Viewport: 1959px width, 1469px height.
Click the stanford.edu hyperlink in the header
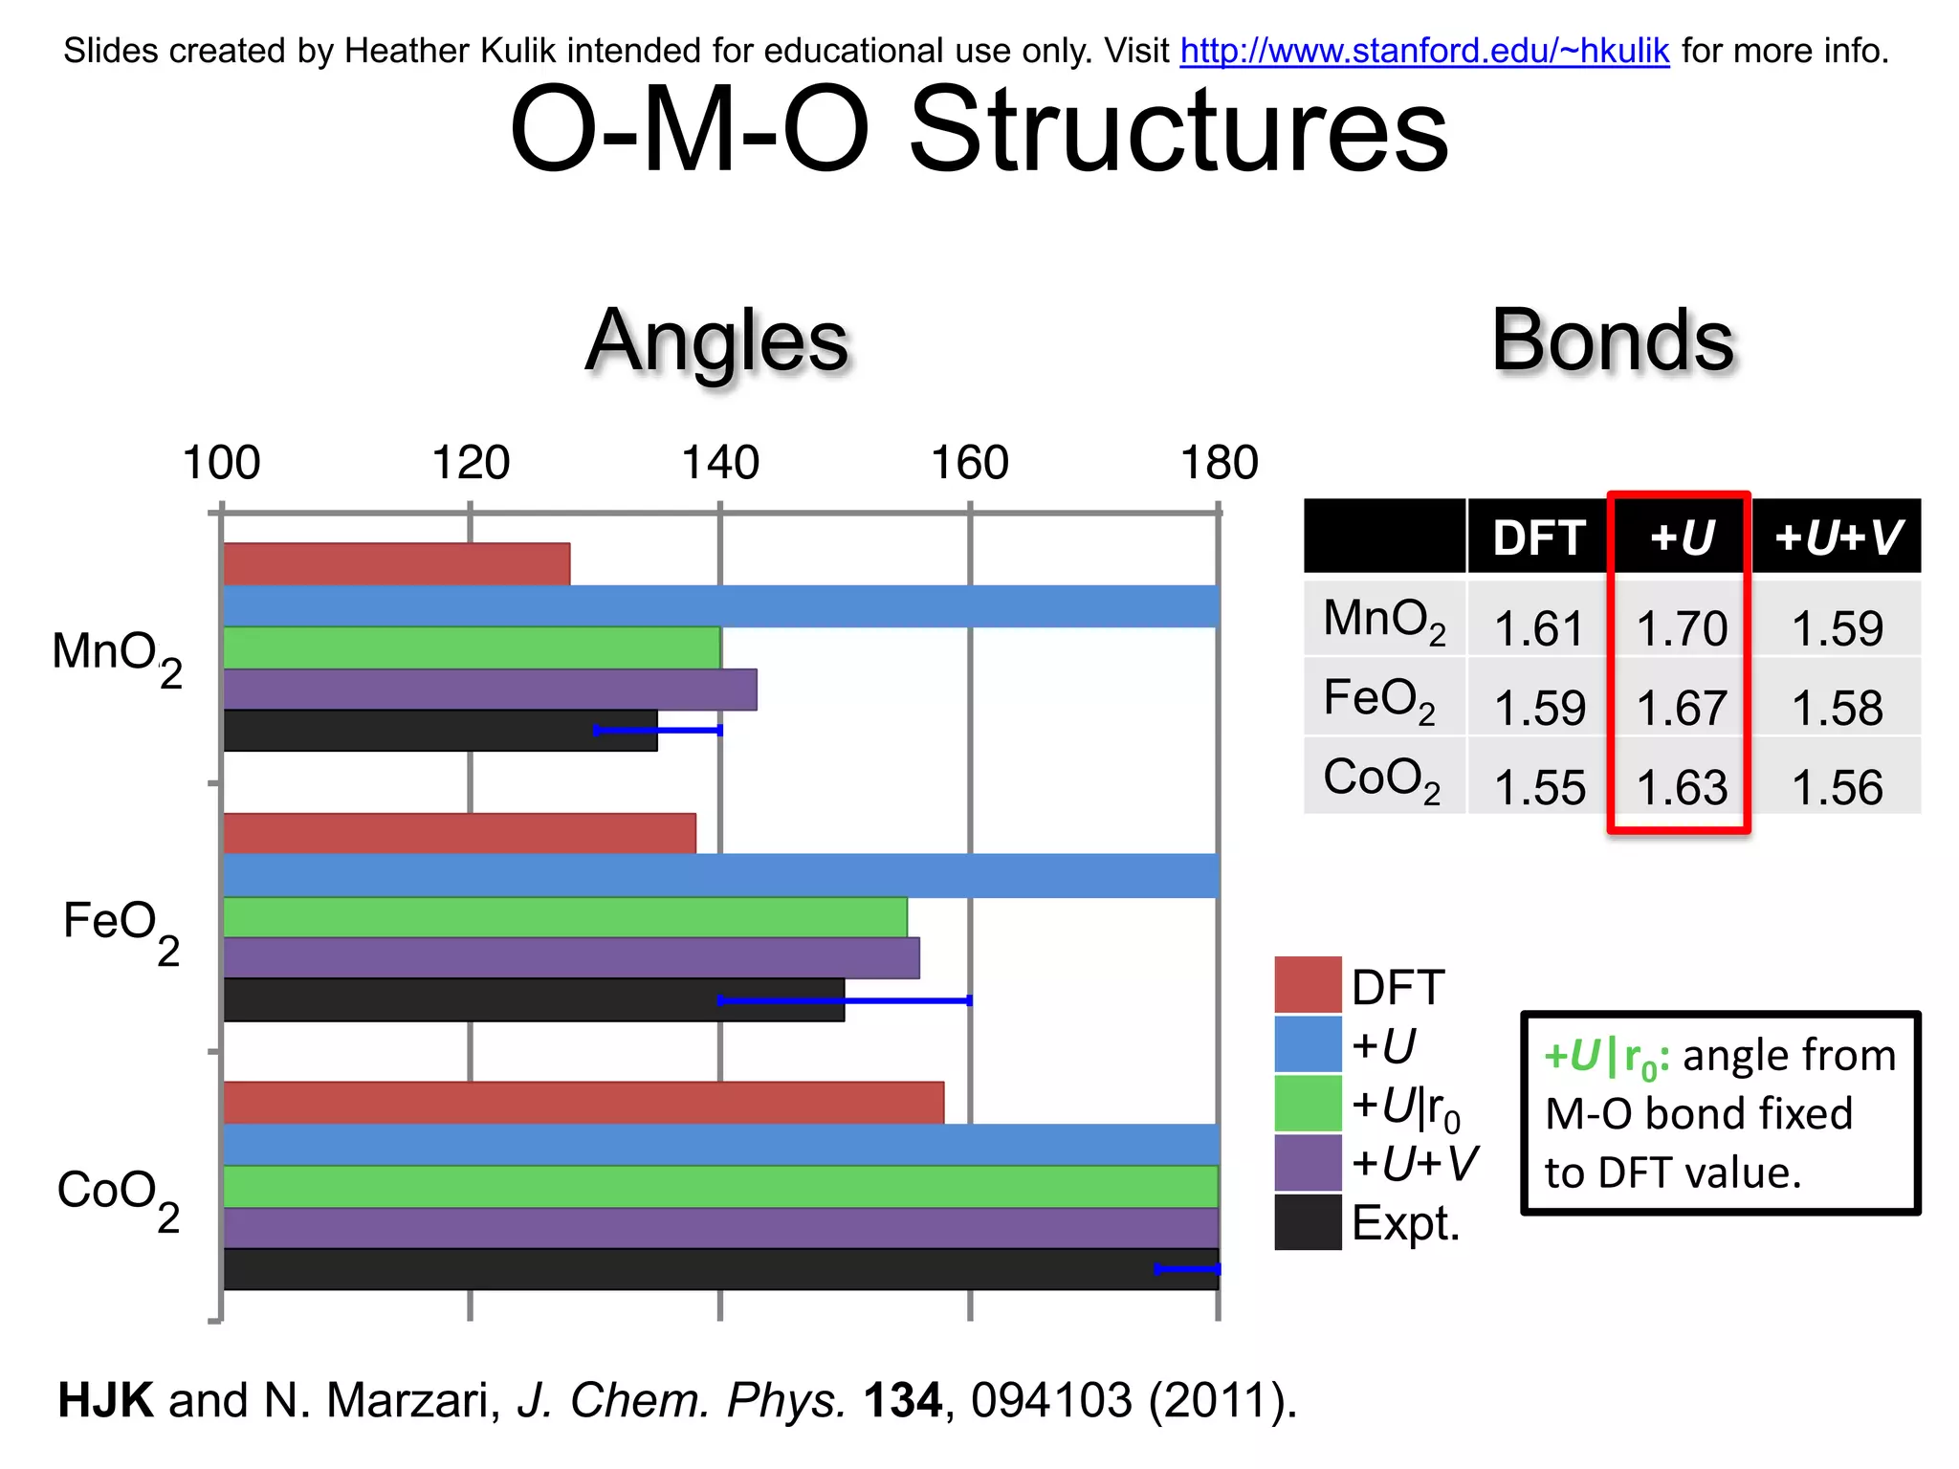1423,51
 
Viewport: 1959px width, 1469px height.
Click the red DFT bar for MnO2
396,564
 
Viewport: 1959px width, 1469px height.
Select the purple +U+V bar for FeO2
571,957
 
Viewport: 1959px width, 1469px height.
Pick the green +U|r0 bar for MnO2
472,647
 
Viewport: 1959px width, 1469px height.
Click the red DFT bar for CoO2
583,1103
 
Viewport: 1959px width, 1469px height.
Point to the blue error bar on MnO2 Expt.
658,731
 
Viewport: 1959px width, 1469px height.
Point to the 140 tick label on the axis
719,464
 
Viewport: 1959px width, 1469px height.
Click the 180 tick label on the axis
1219,464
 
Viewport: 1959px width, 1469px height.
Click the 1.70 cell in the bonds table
1681,629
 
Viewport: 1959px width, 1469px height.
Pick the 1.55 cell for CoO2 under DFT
1539,788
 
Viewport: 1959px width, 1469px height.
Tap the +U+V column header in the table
1837,537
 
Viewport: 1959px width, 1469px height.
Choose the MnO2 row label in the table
1383,622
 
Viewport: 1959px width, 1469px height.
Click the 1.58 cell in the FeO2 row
1837,709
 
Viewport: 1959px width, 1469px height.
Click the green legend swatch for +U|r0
1308,1103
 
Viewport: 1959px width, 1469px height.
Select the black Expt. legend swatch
1308,1221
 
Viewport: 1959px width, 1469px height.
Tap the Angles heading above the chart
716,341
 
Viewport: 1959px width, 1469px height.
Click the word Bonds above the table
1612,341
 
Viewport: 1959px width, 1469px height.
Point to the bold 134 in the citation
902,1400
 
